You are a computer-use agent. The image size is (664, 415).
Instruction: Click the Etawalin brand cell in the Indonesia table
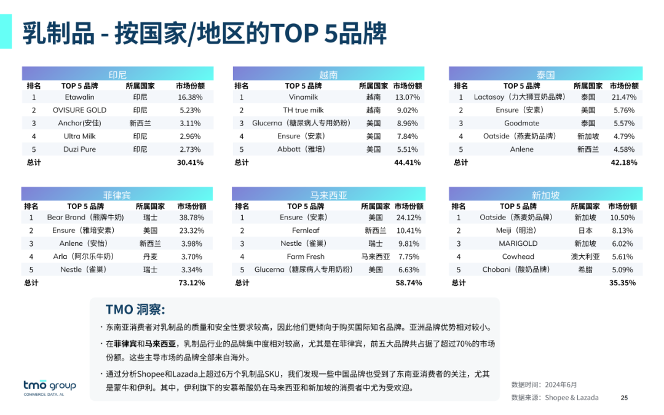click(79, 97)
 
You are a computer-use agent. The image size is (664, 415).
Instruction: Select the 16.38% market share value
click(190, 97)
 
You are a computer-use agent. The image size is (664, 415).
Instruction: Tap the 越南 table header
click(328, 74)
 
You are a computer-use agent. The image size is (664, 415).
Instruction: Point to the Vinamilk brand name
click(303, 97)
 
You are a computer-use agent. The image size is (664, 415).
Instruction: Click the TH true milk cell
click(303, 110)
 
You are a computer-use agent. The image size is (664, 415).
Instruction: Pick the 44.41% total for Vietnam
click(407, 162)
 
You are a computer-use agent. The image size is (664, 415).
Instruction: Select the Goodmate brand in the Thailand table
click(521, 123)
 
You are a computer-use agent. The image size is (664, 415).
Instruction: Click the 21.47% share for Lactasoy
click(623, 97)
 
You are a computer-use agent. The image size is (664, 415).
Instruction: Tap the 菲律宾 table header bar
click(117, 195)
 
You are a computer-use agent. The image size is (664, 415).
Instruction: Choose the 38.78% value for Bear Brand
click(191, 217)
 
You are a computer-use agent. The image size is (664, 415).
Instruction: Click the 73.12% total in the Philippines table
click(191, 283)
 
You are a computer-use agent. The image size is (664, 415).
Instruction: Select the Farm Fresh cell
click(305, 256)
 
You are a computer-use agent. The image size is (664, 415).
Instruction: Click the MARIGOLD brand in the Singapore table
click(518, 243)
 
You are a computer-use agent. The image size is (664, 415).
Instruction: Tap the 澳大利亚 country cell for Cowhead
click(584, 256)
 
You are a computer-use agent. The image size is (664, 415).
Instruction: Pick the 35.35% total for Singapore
click(622, 283)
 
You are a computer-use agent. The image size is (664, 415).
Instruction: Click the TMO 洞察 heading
click(135, 309)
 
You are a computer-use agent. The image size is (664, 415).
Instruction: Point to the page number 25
click(624, 398)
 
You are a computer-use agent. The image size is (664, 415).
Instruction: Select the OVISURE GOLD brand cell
click(79, 110)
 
